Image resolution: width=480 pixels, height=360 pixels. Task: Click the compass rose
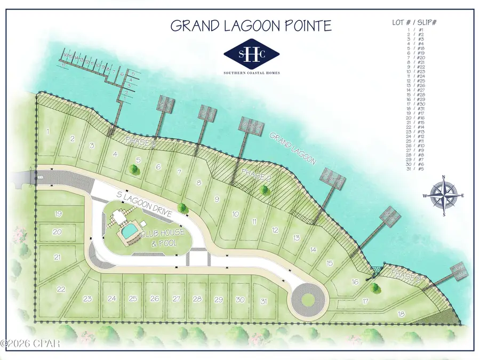tap(444, 195)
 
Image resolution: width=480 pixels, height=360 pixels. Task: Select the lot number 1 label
tap(48, 131)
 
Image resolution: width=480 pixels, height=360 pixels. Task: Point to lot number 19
tap(59, 214)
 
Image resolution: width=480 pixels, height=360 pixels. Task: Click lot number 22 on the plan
tap(61, 289)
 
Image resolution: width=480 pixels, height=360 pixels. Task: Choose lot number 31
tap(263, 301)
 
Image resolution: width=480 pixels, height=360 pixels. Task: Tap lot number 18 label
tap(401, 314)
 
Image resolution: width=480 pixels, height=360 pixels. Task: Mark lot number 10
tap(235, 214)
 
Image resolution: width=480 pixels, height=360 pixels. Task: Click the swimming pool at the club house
tap(129, 231)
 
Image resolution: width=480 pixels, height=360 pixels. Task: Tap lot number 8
tap(199, 183)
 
